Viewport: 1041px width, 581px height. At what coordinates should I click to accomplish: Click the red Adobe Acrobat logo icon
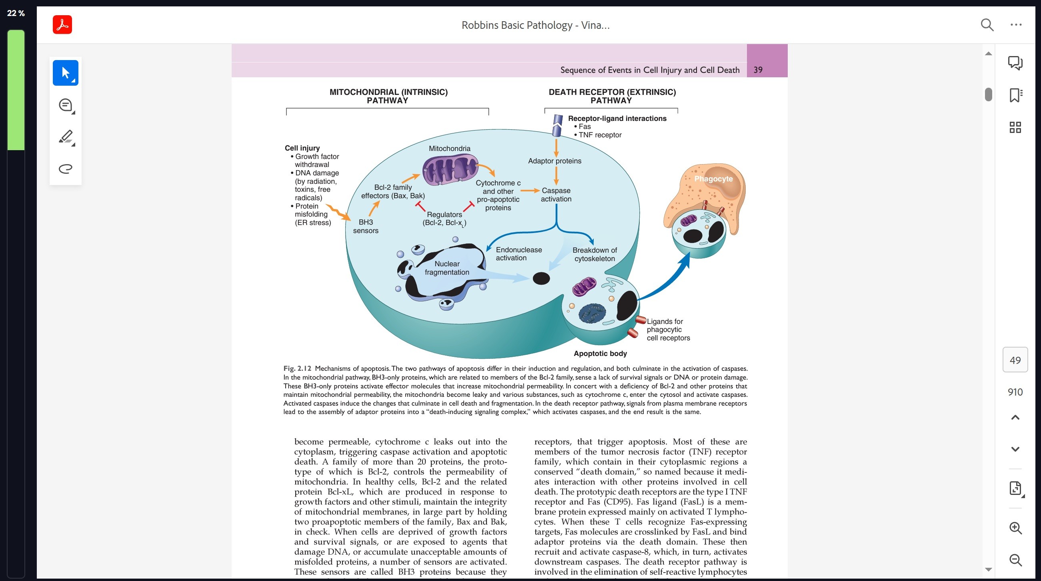62,25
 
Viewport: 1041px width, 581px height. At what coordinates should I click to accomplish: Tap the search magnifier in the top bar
987,25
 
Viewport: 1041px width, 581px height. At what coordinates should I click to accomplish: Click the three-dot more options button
1016,25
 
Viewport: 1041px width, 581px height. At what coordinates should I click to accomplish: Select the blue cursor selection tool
66,73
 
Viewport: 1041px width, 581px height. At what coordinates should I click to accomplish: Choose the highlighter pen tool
66,137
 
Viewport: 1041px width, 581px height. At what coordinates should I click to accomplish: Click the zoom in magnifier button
1015,528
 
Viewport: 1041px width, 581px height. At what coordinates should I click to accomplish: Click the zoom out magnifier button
1015,560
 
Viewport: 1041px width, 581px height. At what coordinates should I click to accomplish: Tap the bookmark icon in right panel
1015,95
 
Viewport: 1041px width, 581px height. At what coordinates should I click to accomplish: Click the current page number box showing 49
1015,360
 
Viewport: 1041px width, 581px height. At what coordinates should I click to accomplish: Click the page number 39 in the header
758,70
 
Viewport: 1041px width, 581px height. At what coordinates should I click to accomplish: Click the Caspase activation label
556,195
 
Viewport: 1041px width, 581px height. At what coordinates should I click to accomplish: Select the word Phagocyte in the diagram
713,179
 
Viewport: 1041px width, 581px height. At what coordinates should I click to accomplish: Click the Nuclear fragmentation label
447,268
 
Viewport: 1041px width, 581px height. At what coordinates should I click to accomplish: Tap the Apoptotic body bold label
600,354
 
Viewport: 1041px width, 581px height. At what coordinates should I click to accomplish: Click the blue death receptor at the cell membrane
557,125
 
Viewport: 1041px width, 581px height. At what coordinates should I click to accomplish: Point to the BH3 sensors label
366,226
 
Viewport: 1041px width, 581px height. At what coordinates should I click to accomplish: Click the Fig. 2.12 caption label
297,368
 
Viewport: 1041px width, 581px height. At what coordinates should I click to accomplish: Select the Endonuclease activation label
518,254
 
